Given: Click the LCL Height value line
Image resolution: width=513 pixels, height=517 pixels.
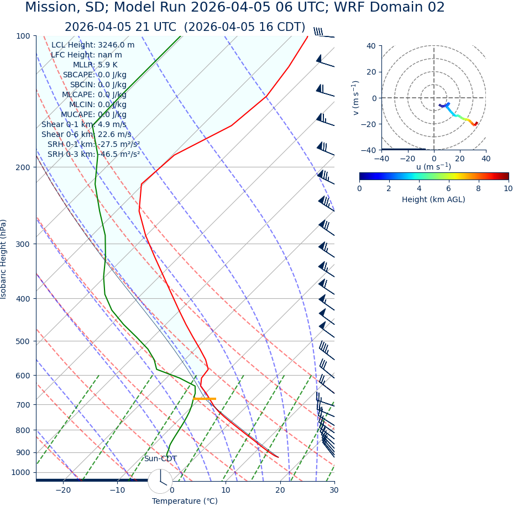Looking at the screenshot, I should click(x=93, y=45).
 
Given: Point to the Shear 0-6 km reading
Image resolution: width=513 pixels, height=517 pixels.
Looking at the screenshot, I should click(x=86, y=134).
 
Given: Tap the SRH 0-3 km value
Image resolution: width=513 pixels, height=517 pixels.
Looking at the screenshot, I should click(x=93, y=154).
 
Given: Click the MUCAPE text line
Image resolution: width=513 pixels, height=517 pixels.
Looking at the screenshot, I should click(x=93, y=114).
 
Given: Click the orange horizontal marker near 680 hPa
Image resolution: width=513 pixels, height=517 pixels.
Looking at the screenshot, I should click(x=205, y=398).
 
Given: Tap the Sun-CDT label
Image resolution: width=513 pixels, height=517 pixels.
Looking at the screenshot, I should click(x=160, y=458).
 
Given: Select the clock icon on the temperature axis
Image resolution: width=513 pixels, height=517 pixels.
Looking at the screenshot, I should click(x=160, y=481).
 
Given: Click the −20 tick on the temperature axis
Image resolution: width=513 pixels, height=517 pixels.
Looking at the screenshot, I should click(x=63, y=490).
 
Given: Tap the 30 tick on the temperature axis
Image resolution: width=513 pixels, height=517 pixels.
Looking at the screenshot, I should click(x=334, y=490).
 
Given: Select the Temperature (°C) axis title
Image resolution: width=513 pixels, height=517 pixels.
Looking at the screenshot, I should click(x=185, y=501).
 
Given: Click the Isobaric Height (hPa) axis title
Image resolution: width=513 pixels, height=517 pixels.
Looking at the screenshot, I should click(x=4, y=259).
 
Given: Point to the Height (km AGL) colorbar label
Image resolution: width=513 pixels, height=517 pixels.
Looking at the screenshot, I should click(x=433, y=199).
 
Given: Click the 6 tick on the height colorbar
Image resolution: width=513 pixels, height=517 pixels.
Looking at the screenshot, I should click(x=449, y=188).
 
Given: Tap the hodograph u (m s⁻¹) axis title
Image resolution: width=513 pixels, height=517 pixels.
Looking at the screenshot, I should click(x=433, y=167).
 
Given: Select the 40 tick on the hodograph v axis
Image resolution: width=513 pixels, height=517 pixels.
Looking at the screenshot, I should click(x=370, y=46).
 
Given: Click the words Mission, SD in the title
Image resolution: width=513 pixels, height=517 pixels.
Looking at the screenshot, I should click(x=64, y=8).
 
